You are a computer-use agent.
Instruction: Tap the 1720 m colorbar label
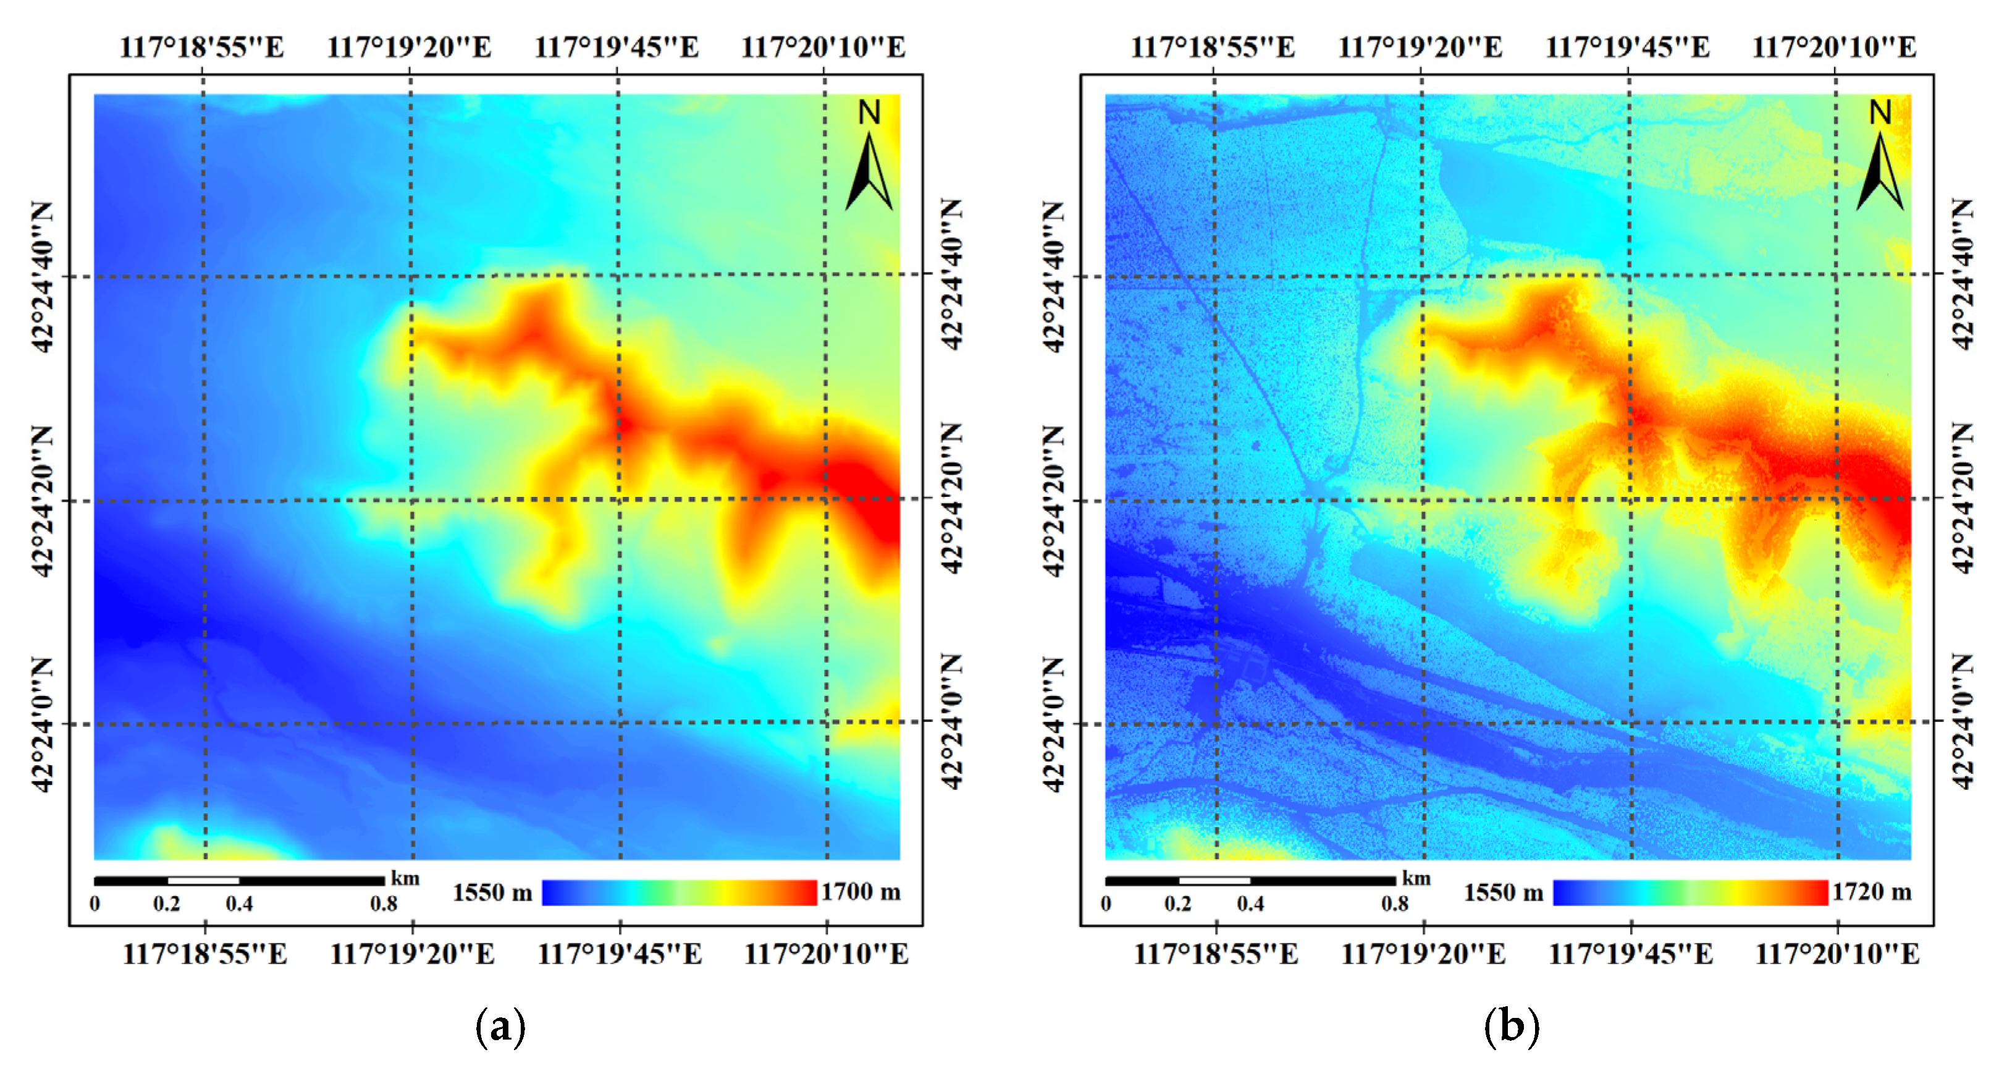pyautogui.click(x=1872, y=892)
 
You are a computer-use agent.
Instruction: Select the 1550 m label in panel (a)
pyautogui.click(x=492, y=892)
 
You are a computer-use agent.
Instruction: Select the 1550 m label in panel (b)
pyautogui.click(x=1503, y=892)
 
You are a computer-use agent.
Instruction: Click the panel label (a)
pyautogui.click(x=500, y=1026)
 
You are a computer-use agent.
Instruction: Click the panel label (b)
pyautogui.click(x=1512, y=1026)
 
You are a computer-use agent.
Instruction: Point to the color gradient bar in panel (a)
pyautogui.click(x=680, y=892)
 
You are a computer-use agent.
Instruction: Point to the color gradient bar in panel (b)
pyautogui.click(x=1690, y=892)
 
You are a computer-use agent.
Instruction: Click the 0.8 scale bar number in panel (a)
pyautogui.click(x=384, y=904)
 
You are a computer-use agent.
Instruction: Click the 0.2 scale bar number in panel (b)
pyautogui.click(x=1178, y=904)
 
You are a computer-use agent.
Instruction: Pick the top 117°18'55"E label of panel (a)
pyautogui.click(x=202, y=48)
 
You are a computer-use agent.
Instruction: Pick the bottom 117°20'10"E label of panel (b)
pyautogui.click(x=1837, y=954)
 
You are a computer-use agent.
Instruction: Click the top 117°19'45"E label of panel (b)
pyautogui.click(x=1628, y=48)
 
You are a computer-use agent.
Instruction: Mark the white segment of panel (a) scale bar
pyautogui.click(x=203, y=881)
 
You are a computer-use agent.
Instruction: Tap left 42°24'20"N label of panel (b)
pyautogui.click(x=1053, y=501)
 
